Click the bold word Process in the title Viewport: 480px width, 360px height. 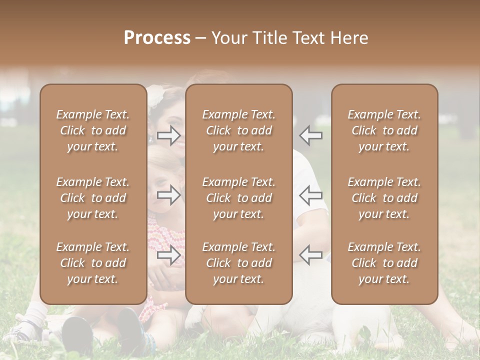(x=157, y=38)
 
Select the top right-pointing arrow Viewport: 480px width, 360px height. (x=169, y=135)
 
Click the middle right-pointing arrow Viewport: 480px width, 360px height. (x=169, y=195)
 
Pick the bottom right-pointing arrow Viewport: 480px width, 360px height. (x=169, y=255)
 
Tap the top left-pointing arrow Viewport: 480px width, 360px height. (x=311, y=135)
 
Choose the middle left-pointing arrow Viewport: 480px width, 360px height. (x=311, y=195)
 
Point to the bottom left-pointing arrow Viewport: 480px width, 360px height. (x=311, y=255)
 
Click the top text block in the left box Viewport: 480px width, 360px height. (x=93, y=130)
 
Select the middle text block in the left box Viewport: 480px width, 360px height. (x=93, y=198)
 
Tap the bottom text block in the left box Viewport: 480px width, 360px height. (x=93, y=263)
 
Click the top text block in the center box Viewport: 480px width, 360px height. (x=239, y=130)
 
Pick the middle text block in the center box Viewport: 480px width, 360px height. (x=239, y=198)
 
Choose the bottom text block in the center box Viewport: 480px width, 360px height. (x=239, y=263)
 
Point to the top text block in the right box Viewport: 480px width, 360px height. (x=384, y=130)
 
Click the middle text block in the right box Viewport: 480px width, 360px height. (x=384, y=198)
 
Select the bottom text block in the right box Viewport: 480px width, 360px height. (x=384, y=263)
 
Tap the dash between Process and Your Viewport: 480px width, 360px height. (x=200, y=38)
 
